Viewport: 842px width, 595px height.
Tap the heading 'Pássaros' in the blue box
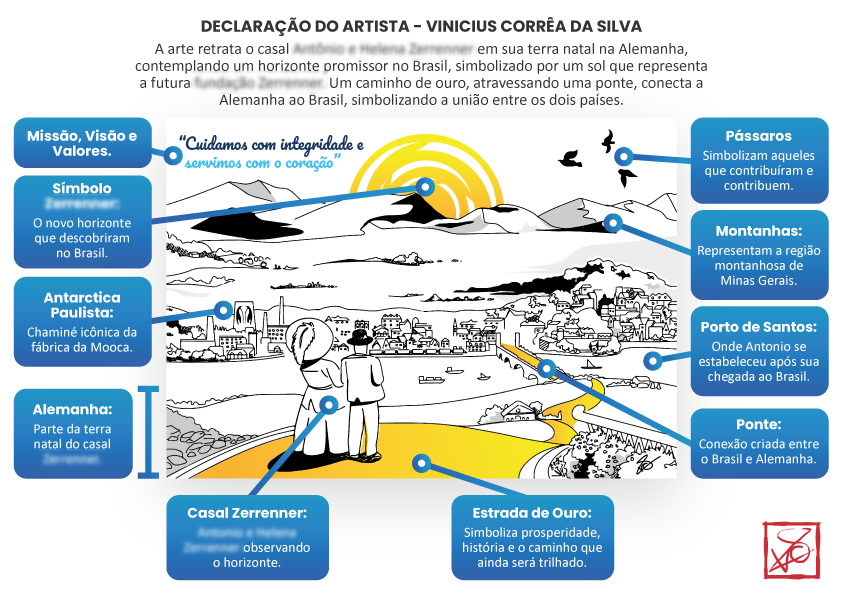click(759, 136)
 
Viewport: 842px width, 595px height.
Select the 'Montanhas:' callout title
click(759, 230)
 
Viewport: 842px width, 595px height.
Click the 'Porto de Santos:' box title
click(759, 326)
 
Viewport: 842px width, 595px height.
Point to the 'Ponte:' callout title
click(759, 424)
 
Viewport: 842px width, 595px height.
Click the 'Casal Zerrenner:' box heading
click(247, 512)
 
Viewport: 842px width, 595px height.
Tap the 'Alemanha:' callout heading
click(72, 408)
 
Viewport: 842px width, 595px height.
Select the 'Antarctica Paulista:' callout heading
click(82, 304)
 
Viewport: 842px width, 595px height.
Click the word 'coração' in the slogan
click(311, 157)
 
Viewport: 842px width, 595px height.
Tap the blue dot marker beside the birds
click(624, 156)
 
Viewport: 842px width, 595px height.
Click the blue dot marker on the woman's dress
click(330, 404)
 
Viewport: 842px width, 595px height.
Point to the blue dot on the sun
click(427, 186)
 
